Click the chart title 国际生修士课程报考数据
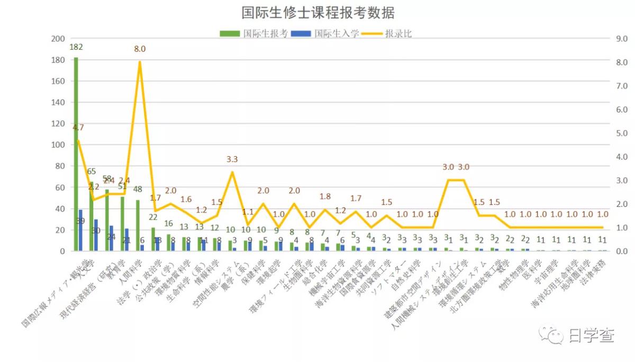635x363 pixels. pos(317,13)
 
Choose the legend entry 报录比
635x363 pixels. pos(398,33)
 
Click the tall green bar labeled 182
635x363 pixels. pos(76,154)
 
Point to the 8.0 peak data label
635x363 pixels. pos(140,49)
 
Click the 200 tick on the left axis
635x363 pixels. pos(57,39)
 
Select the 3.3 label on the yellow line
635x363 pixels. pos(232,159)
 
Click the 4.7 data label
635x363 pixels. pos(78,127)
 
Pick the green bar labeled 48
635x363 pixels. pos(138,225)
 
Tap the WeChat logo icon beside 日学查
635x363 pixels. pos(551,335)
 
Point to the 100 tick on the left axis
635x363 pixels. pos(57,145)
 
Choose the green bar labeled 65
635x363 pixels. pos(91,216)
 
